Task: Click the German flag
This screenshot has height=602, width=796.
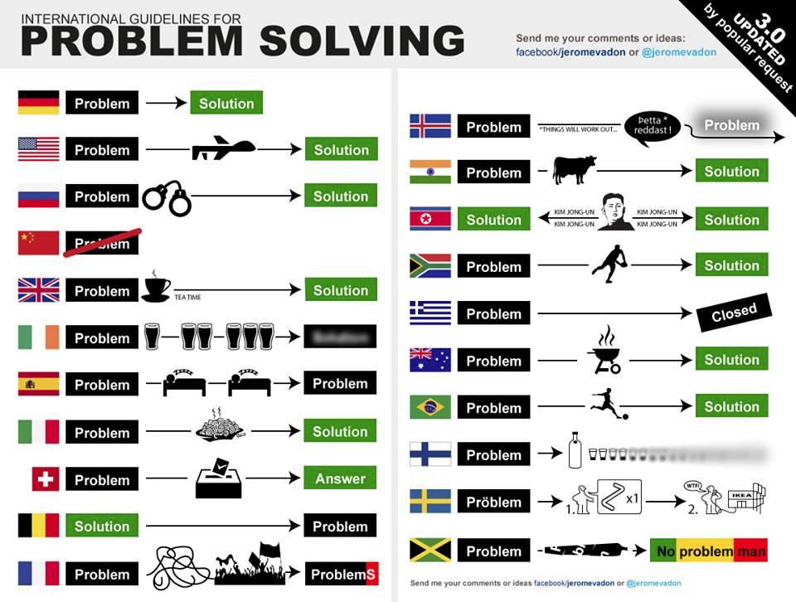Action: pyautogui.click(x=39, y=103)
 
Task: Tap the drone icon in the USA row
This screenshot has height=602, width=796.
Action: pyautogui.click(x=222, y=149)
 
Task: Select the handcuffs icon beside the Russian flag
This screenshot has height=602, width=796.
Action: pyautogui.click(x=167, y=197)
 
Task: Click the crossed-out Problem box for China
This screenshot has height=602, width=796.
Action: pyautogui.click(x=102, y=243)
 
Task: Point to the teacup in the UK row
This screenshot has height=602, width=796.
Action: pyautogui.click(x=156, y=286)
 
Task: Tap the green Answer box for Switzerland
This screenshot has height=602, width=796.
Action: pyautogui.click(x=340, y=478)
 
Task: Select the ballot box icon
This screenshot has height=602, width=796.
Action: pyautogui.click(x=218, y=479)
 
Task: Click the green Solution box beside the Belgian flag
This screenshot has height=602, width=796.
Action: pyautogui.click(x=102, y=526)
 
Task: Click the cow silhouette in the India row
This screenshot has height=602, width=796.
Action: pyautogui.click(x=574, y=170)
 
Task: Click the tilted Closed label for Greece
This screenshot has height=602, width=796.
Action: pyautogui.click(x=734, y=313)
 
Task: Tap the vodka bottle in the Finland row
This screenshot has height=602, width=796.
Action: pyautogui.click(x=574, y=450)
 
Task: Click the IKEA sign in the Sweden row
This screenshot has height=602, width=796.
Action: pyautogui.click(x=741, y=498)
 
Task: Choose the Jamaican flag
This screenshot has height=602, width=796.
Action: pyautogui.click(x=430, y=551)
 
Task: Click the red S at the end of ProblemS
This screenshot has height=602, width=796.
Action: pyautogui.click(x=371, y=574)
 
